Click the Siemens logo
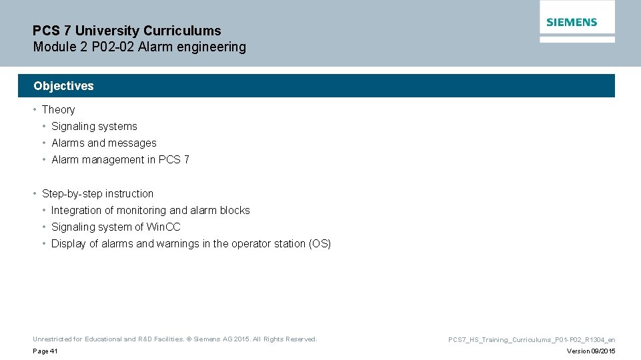pyautogui.click(x=572, y=22)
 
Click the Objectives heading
pyautogui.click(x=63, y=86)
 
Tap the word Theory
pyautogui.click(x=58, y=109)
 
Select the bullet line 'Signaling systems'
pyautogui.click(x=94, y=126)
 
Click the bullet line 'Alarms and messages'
pyautogui.click(x=103, y=143)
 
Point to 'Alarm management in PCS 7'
pyautogui.click(x=120, y=159)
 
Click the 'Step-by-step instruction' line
pyautogui.click(x=97, y=193)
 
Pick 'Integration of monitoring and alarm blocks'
pyautogui.click(x=150, y=210)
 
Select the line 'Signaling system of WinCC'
pyautogui.click(x=115, y=227)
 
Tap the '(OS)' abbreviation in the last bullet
pyautogui.click(x=319, y=243)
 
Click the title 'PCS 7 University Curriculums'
pyautogui.click(x=127, y=31)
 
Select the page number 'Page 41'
pyautogui.click(x=45, y=351)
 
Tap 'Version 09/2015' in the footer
pyautogui.click(x=590, y=351)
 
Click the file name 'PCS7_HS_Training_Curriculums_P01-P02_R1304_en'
pyautogui.click(x=532, y=340)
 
